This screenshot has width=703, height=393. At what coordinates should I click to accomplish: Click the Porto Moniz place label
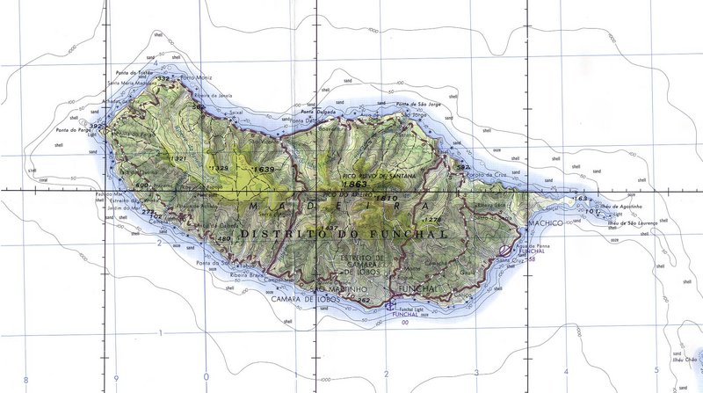[193, 77]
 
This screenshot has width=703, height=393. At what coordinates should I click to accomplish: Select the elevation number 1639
[263, 168]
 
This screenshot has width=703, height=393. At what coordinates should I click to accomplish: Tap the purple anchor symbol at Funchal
[388, 305]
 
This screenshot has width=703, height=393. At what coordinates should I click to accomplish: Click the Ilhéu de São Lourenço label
[633, 223]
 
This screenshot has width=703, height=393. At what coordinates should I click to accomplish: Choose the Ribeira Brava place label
[247, 274]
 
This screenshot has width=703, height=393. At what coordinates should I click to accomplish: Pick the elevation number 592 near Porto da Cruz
[464, 166]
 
